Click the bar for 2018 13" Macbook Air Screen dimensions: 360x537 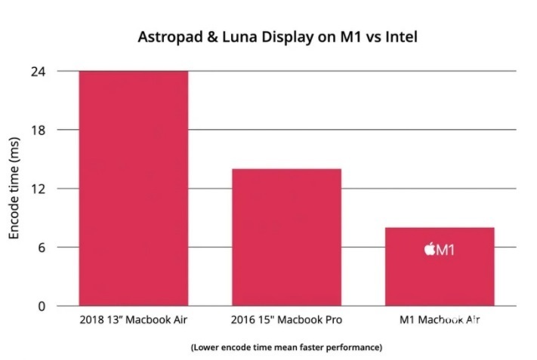coord(134,189)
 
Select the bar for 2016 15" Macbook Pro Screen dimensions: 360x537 coord(286,237)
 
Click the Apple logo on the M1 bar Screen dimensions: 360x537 coord(429,249)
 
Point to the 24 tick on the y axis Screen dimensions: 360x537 coord(39,71)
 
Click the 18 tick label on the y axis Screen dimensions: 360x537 coord(39,130)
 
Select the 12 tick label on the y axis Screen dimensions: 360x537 coord(39,189)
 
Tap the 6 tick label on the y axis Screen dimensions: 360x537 coord(42,248)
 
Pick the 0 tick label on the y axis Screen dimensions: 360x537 coord(42,306)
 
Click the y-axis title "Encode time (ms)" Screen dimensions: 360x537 coord(14,189)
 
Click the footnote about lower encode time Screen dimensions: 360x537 coord(286,347)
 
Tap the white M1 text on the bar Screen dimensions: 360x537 coord(446,249)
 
